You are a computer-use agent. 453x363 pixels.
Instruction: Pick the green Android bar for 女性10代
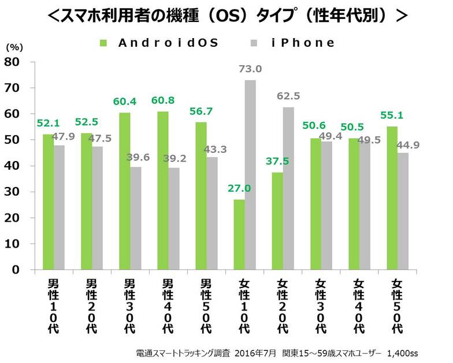click(x=239, y=234)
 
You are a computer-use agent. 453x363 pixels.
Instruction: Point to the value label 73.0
click(x=250, y=69)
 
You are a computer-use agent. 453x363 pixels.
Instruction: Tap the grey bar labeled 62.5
click(x=288, y=188)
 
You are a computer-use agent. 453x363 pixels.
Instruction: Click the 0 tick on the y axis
click(x=16, y=270)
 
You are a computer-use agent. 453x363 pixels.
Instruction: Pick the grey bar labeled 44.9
click(x=402, y=211)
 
